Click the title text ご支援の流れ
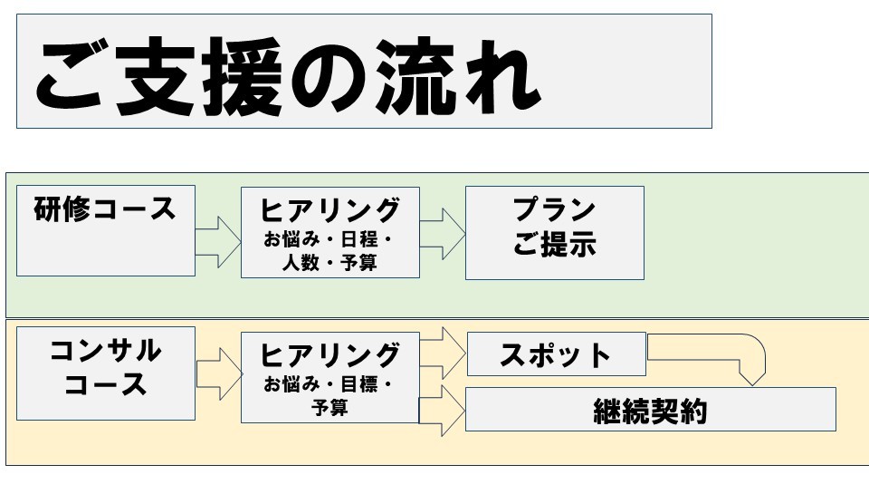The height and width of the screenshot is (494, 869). tap(288, 76)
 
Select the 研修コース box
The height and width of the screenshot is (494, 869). tap(105, 231)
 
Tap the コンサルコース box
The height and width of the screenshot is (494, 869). tap(105, 373)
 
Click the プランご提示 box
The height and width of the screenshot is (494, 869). tap(554, 232)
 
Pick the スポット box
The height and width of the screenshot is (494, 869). tap(556, 354)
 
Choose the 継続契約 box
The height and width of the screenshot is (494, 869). tap(650, 410)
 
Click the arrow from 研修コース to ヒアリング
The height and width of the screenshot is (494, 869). tap(218, 241)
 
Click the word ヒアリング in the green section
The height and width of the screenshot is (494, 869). tap(329, 210)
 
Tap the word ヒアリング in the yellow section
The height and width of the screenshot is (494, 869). tap(329, 353)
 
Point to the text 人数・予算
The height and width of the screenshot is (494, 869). tap(329, 264)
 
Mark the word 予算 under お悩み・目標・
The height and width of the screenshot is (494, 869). tap(329, 408)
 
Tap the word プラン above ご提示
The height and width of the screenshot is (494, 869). tap(554, 210)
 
